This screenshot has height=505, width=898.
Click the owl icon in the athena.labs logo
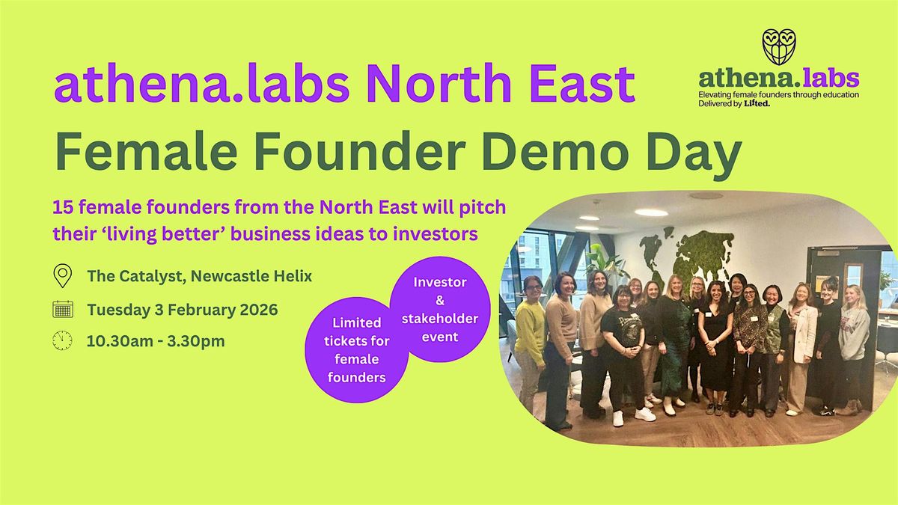click(x=778, y=46)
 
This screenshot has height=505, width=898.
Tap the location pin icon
click(x=63, y=276)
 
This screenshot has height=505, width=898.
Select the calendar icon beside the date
click(x=63, y=309)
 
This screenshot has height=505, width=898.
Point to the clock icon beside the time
click(x=63, y=341)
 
